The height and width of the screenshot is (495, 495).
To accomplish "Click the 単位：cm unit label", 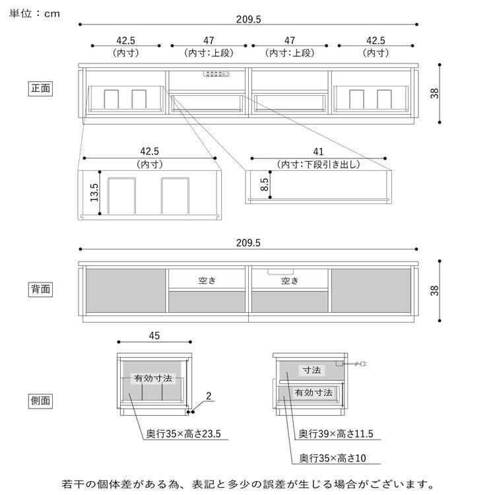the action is [35, 13].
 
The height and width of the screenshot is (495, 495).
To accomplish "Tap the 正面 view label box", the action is [40, 88].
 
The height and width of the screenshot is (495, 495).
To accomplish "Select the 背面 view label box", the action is [40, 288].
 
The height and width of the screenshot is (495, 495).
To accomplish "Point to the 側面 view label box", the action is [40, 400].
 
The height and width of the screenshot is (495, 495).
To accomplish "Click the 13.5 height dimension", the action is [94, 193].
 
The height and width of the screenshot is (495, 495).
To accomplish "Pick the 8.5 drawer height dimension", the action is [265, 185].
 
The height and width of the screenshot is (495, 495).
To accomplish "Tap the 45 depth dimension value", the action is [154, 336].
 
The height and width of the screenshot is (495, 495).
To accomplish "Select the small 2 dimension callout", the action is [209, 397].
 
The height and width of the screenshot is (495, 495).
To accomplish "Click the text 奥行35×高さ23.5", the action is [183, 434].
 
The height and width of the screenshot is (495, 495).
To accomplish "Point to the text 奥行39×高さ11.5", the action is [336, 434].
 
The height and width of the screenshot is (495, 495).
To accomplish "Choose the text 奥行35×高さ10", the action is [331, 457].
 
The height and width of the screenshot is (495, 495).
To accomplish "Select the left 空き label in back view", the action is [207, 280].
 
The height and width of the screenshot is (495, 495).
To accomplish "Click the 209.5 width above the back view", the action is [248, 242].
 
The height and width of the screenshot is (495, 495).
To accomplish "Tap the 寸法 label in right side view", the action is [311, 371].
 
